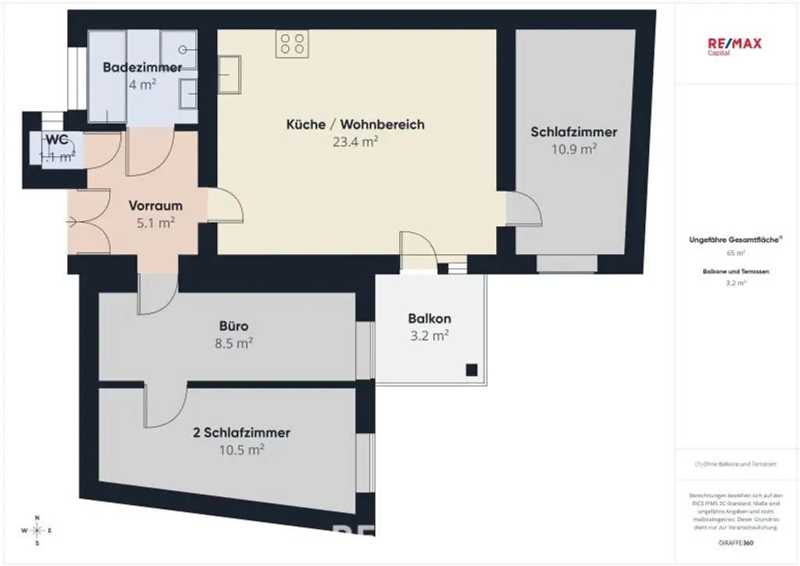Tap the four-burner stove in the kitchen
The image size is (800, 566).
click(292, 43)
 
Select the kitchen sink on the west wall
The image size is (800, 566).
click(230, 75)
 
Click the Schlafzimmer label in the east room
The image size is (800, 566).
click(573, 132)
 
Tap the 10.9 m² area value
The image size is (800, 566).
click(573, 148)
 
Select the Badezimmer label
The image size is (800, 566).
click(142, 67)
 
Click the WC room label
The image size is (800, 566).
click(56, 140)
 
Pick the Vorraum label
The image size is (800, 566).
click(155, 206)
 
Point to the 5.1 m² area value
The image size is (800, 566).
click(155, 223)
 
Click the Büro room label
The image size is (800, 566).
click(234, 326)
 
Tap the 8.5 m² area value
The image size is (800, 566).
click(234, 342)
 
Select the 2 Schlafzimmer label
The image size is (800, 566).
click(241, 432)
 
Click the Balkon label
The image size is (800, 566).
click(429, 319)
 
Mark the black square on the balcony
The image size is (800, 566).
click(471, 370)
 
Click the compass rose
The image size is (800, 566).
click(37, 531)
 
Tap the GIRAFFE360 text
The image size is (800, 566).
click(735, 542)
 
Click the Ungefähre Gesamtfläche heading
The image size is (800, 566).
click(735, 240)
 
